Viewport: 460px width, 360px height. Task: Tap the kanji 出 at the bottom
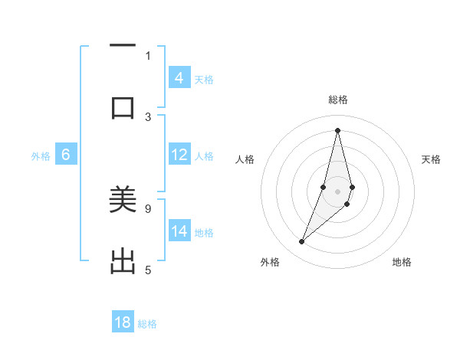pos(123,261)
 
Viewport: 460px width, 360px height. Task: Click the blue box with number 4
pos(179,77)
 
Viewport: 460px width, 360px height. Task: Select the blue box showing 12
pos(179,155)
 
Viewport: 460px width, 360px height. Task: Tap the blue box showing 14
pos(179,231)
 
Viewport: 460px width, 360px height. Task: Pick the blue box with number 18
pos(123,322)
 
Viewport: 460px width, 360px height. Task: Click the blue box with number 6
pos(66,155)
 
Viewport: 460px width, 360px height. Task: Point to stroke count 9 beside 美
pos(148,208)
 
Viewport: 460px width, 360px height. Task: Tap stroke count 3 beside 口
pos(148,116)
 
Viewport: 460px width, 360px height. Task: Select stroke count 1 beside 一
pos(148,55)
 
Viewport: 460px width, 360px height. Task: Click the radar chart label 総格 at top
pos(337,100)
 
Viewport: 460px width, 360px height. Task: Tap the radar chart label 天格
pos(431,159)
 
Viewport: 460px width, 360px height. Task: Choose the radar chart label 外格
pos(270,262)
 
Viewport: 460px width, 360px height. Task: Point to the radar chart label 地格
pos(402,262)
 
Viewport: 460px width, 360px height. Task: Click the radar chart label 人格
pos(245,159)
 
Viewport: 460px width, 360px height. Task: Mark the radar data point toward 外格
pos(301,242)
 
